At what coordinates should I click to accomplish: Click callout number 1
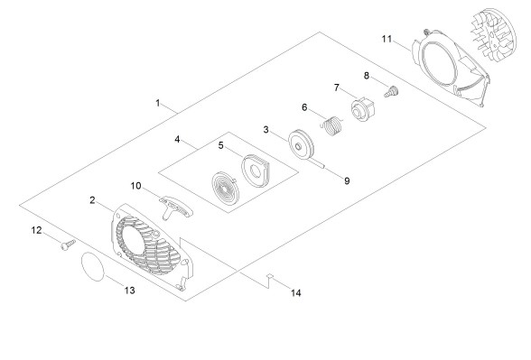(x=158, y=103)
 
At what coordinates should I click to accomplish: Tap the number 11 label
(x=387, y=39)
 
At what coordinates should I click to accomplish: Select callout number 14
(x=296, y=292)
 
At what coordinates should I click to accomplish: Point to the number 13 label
(x=130, y=291)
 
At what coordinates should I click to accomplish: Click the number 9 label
(x=347, y=181)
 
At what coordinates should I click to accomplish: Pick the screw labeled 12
(x=68, y=245)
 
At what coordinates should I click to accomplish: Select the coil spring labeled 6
(x=331, y=126)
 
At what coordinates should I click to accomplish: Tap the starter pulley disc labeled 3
(x=301, y=144)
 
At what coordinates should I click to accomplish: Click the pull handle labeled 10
(x=176, y=207)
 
